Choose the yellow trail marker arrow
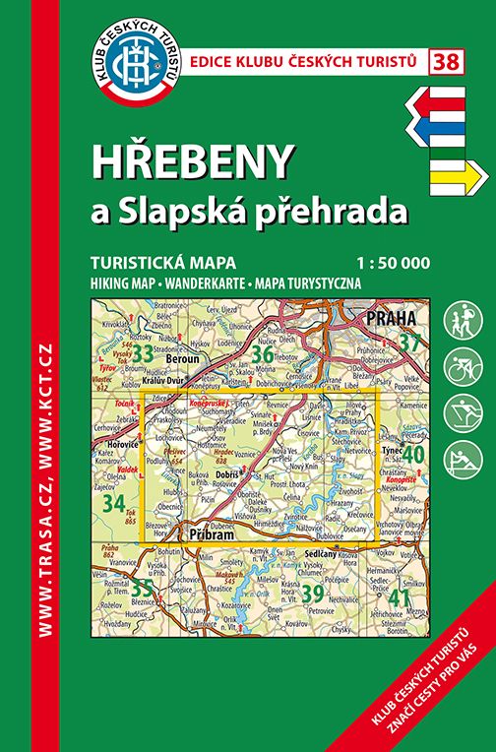point(459,176)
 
